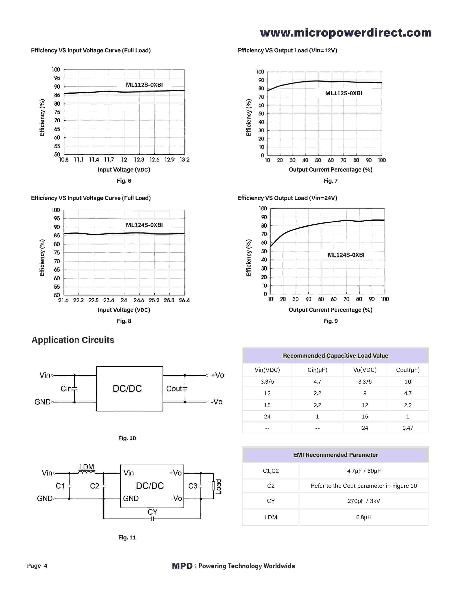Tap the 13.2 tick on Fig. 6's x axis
pos(185,160)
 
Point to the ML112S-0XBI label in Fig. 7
pos(343,93)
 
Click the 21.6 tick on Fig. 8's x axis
pos(63,300)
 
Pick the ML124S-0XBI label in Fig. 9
pos(346,255)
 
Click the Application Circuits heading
pos(73,340)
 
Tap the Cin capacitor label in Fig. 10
pos(66,389)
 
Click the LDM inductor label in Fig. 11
pos(86,467)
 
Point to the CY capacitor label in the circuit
pos(152,512)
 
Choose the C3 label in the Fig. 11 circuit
pos(193,486)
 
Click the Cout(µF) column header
pos(408,370)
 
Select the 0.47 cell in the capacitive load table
pos(408,428)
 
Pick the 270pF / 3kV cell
pos(364,501)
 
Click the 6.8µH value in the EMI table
pos(364,517)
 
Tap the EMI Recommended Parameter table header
pos(335,455)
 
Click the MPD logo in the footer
pos(182,566)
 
